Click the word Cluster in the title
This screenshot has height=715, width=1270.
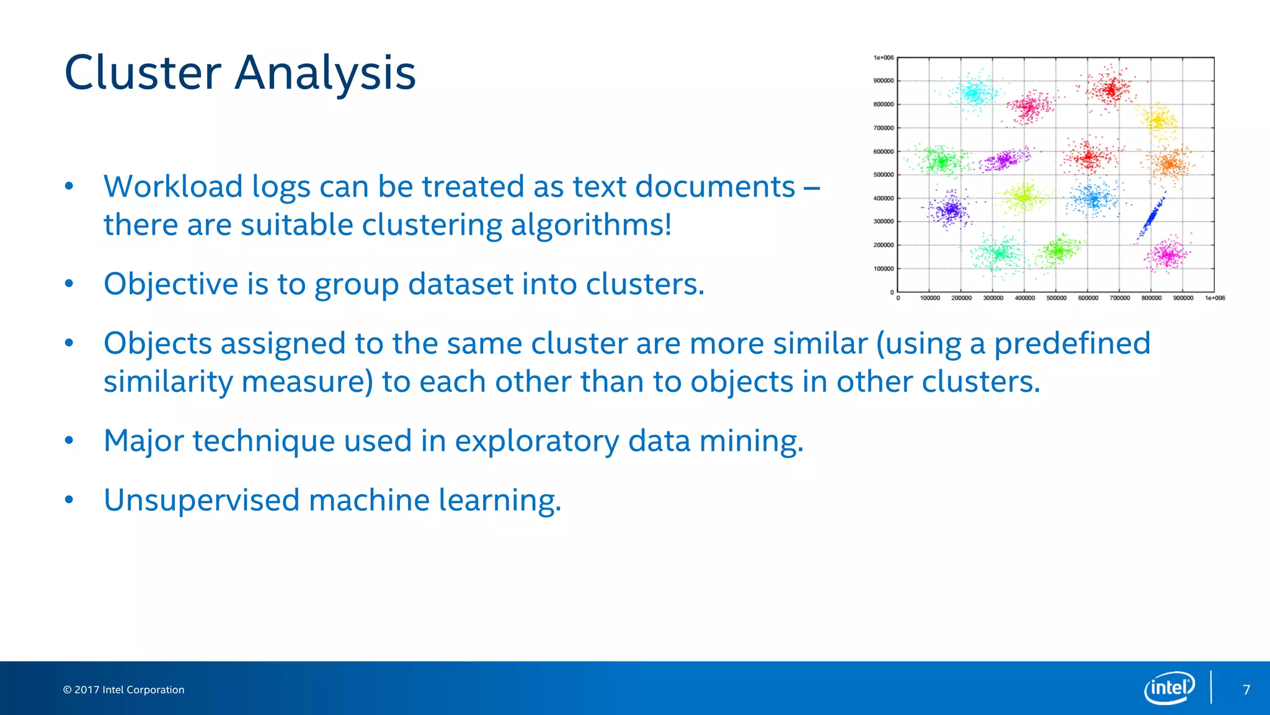(x=143, y=73)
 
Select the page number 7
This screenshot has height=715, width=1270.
(x=1246, y=690)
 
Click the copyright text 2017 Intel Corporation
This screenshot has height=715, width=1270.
(x=124, y=690)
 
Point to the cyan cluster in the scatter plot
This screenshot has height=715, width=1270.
(x=974, y=94)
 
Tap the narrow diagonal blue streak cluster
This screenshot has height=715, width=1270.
(x=1152, y=217)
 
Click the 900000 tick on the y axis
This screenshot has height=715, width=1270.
(x=883, y=81)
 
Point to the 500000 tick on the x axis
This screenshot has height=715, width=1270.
(x=1056, y=299)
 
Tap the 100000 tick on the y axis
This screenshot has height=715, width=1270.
(x=883, y=269)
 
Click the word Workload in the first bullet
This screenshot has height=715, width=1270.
(x=173, y=186)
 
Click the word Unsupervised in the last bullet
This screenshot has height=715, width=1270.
(x=202, y=500)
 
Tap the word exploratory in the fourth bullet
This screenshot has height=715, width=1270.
(x=536, y=441)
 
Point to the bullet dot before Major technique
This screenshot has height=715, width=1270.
(x=69, y=441)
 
